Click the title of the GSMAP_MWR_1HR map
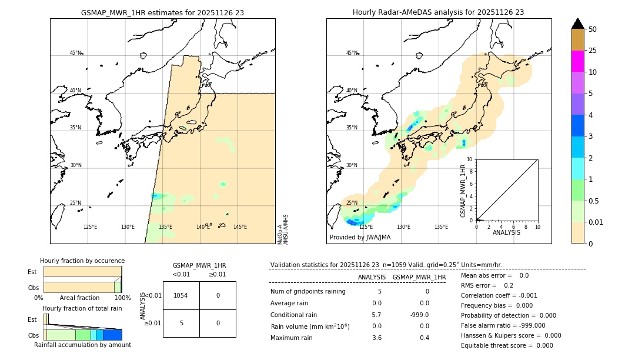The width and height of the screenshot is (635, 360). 162,12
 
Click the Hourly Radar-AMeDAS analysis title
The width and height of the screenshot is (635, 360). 438,12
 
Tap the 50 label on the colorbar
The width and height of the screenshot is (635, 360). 593,29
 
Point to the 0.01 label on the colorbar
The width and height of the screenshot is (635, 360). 596,222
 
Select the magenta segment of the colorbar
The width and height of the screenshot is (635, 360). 577,61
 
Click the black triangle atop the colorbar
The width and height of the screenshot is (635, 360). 577,24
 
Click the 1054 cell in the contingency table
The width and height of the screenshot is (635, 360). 181,295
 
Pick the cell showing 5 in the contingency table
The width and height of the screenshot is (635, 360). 181,323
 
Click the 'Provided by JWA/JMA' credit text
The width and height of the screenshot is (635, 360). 360,238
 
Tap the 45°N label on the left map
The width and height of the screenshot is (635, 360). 76,53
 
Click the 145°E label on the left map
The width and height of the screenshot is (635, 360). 240,227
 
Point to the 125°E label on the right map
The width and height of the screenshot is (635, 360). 366,227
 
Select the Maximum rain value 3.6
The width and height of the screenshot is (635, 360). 377,338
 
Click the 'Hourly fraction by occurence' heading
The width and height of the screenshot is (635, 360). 82,261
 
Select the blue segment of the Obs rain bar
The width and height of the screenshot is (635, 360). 112,335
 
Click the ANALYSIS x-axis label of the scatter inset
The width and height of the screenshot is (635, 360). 507,233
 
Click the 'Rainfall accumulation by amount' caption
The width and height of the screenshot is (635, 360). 82,345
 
